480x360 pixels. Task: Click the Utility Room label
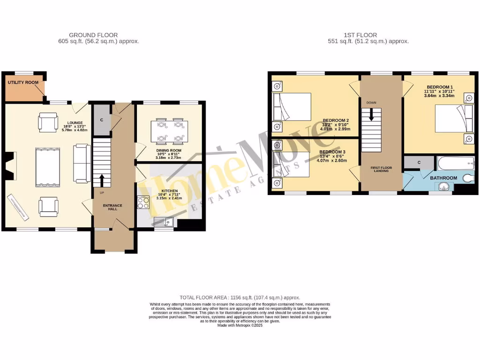[23, 82]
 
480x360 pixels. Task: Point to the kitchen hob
[142, 202]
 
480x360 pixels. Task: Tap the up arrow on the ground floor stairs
[102, 179]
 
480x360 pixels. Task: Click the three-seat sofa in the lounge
[82, 164]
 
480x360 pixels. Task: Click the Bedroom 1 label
[439, 87]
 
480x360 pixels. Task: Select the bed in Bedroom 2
[292, 106]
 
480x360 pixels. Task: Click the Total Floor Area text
[240, 298]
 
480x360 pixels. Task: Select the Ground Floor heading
[93, 35]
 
